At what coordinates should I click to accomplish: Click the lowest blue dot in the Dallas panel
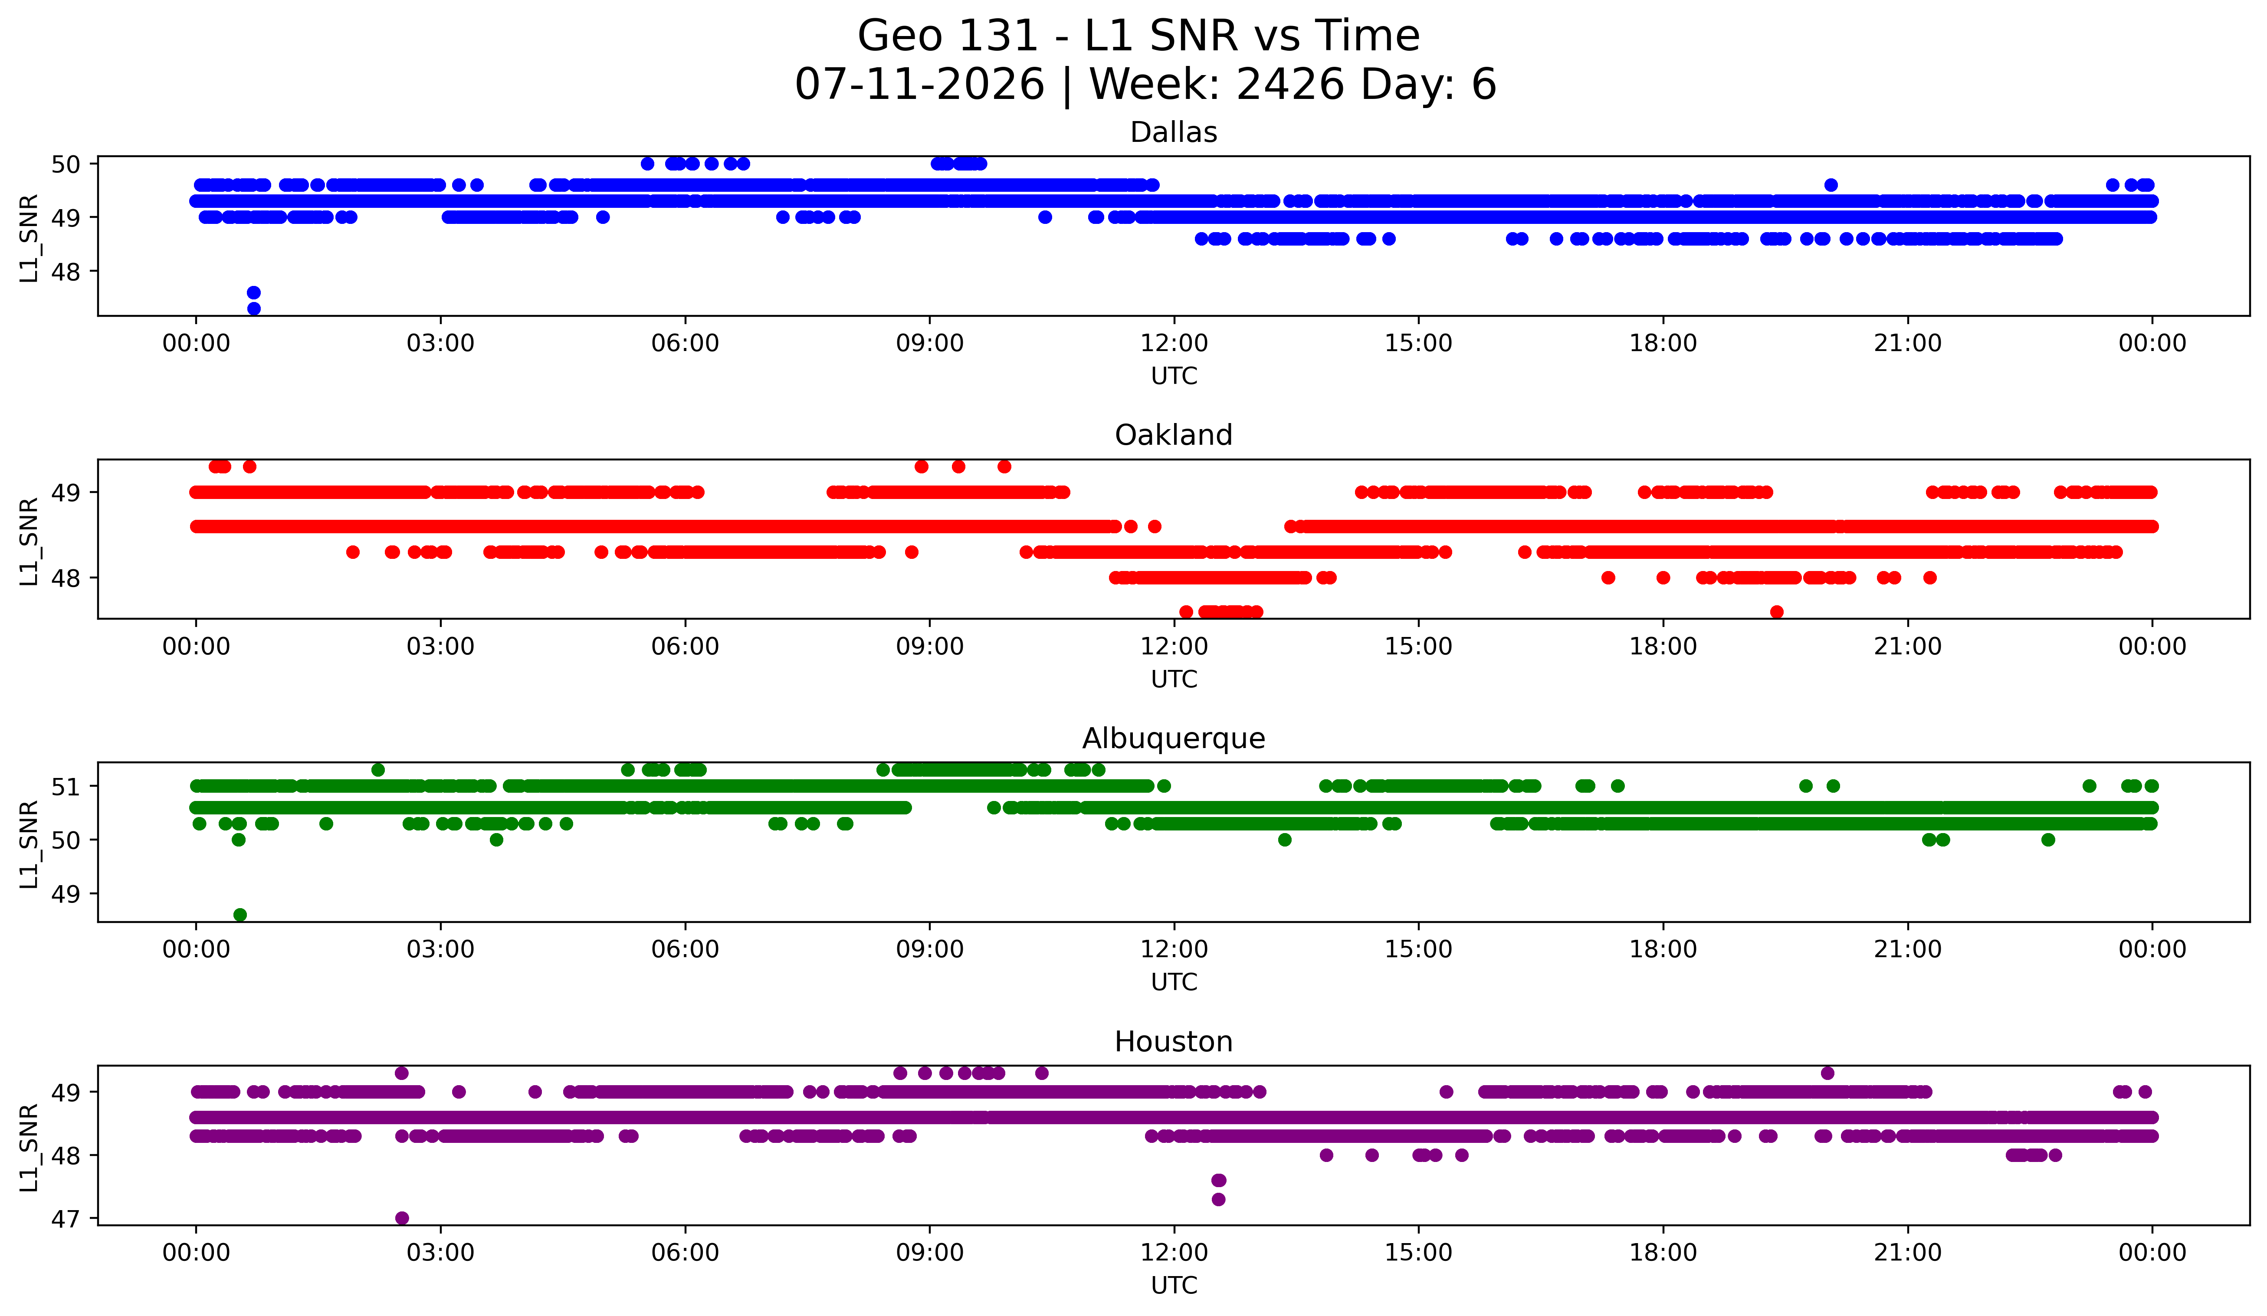pyautogui.click(x=254, y=308)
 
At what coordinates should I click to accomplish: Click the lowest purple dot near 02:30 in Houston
pyautogui.click(x=402, y=1218)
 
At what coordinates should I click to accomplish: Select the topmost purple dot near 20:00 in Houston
pyautogui.click(x=1827, y=1073)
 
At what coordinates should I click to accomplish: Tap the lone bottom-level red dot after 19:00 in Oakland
pyautogui.click(x=1777, y=612)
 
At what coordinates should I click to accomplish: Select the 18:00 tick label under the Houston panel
pyautogui.click(x=1663, y=1252)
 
